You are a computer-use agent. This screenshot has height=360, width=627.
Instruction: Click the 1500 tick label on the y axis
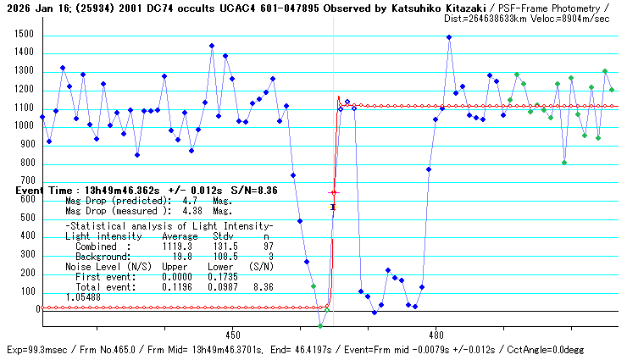pyautogui.click(x=23, y=35)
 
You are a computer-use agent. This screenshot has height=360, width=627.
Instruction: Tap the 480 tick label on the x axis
pyautogui.click(x=436, y=335)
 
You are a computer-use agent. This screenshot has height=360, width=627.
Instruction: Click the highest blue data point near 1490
pyautogui.click(x=449, y=37)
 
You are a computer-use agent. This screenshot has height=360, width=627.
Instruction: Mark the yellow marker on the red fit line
pyautogui.click(x=333, y=207)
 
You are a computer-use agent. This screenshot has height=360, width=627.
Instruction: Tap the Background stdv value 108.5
pyautogui.click(x=225, y=256)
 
